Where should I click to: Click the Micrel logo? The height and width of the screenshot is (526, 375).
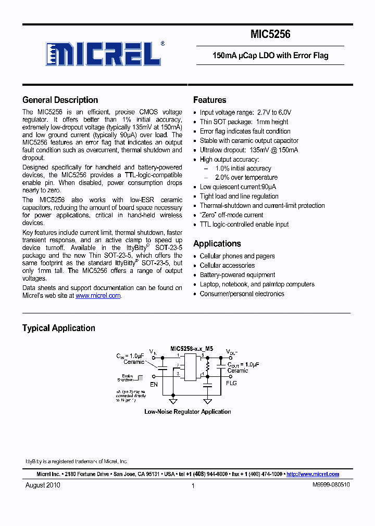point(104,53)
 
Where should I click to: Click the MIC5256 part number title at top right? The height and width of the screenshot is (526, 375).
point(270,35)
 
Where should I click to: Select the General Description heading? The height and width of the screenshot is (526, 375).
point(60,100)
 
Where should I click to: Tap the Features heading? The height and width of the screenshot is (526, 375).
point(209,100)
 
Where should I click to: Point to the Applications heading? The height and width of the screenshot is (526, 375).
point(217,243)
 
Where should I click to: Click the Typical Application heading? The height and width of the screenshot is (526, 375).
point(58,328)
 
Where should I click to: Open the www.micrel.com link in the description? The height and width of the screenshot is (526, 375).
point(98,295)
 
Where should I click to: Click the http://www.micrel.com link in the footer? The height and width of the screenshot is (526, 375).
point(312,474)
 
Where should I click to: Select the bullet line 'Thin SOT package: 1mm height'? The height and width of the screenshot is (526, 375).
point(244,122)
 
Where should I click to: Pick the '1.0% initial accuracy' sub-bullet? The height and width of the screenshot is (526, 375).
point(243,168)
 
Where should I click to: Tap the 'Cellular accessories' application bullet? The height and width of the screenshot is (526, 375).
point(227,265)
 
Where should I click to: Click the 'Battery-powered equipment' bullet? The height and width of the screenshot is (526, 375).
point(238,274)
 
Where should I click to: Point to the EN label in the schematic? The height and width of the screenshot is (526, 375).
point(154,385)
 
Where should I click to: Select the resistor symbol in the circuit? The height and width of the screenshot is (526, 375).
point(207,367)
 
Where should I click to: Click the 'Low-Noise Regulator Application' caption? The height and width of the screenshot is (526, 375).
point(187,412)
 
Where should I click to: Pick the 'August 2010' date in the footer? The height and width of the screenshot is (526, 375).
point(43,485)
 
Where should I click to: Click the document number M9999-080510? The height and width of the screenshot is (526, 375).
point(331,485)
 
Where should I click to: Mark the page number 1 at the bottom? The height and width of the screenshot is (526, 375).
point(193,485)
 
